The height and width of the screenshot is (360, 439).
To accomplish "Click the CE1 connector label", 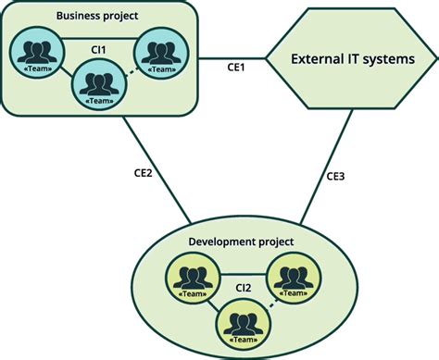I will coord(237,68).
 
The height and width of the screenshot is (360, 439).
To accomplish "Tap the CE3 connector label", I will coord(335,175).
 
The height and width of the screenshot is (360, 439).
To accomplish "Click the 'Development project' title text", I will coord(241,242).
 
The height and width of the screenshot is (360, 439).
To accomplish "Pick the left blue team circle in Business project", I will coord(38,53).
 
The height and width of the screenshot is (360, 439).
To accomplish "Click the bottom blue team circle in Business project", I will coord(97,85).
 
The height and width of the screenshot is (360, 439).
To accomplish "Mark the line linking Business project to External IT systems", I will coord(232,57).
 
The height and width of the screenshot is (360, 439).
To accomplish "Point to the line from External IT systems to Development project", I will coord(320,175).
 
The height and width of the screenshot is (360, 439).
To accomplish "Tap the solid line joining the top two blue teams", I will coord(97,38).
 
